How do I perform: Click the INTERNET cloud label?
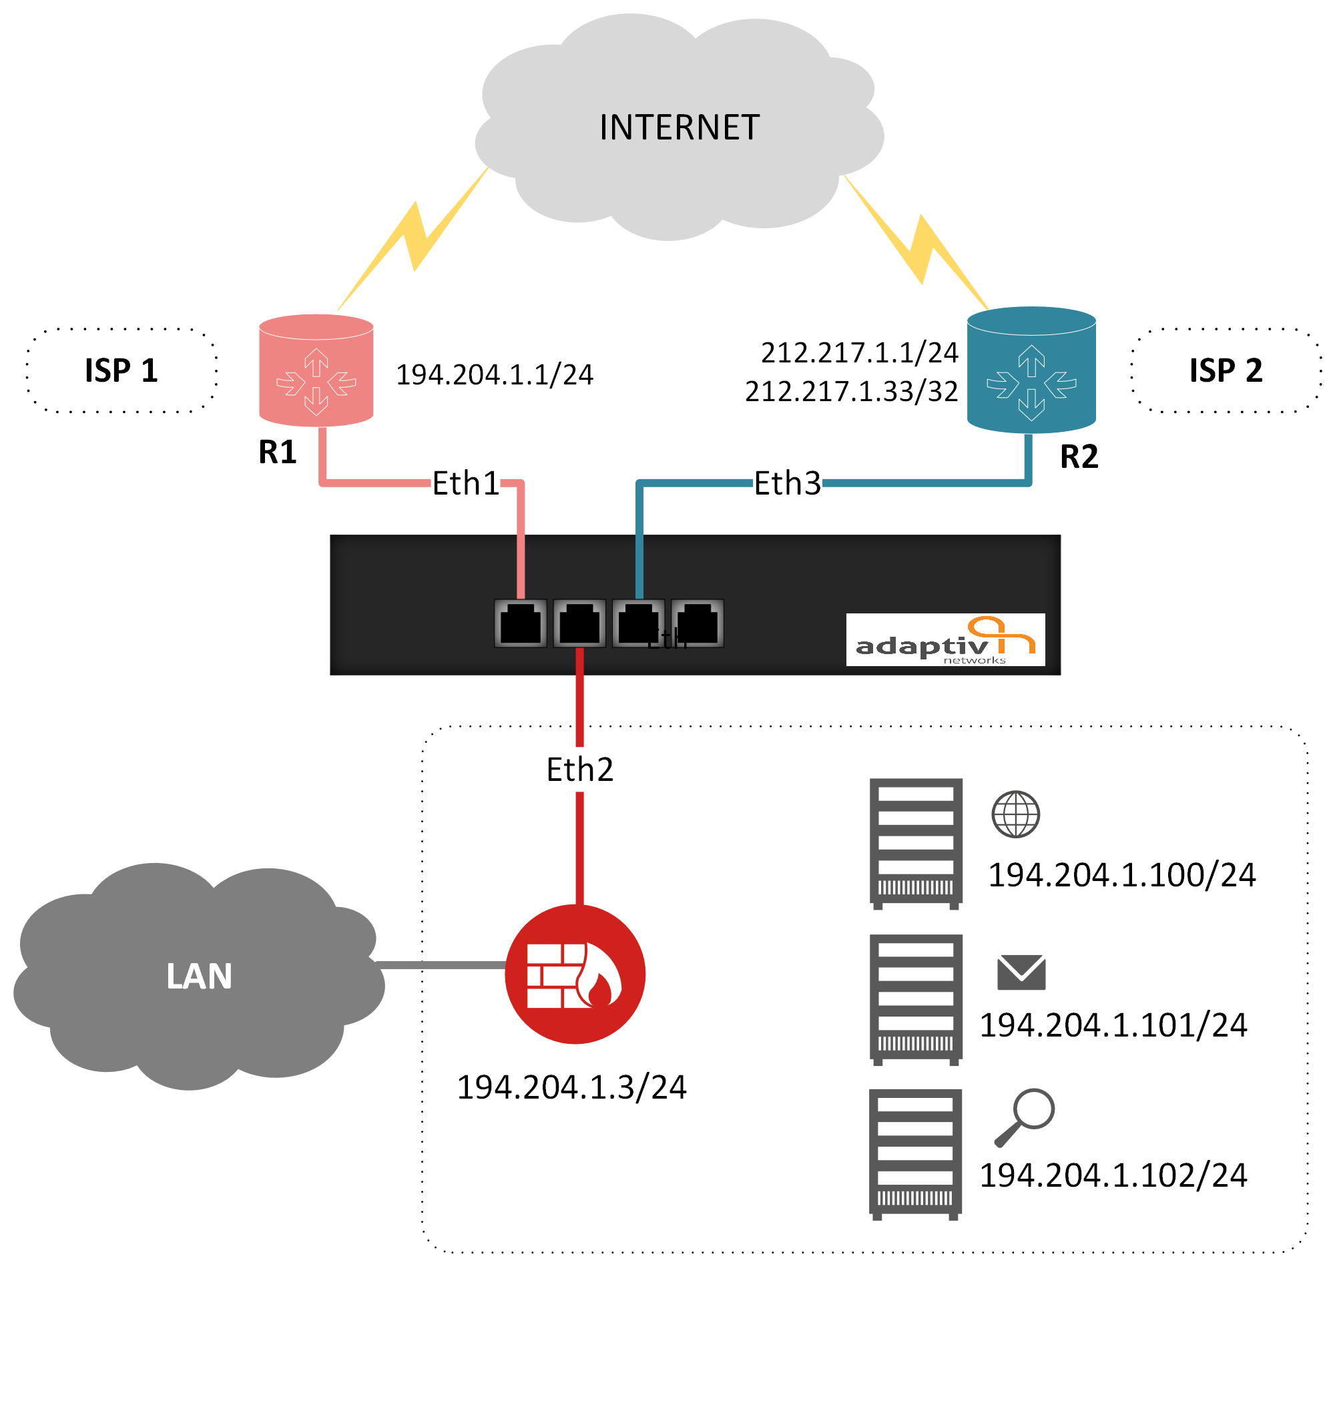679,127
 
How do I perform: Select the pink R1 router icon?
316,371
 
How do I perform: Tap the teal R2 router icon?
1031,371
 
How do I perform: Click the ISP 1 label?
121,370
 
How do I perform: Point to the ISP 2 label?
1226,370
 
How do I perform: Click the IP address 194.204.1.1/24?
494,374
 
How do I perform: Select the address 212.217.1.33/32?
851,391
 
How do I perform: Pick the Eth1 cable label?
465,483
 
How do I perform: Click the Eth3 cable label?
787,483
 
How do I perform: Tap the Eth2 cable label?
579,770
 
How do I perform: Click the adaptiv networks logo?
945,639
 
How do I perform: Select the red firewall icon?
575,974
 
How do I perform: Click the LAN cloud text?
199,976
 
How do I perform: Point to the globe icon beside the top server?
1016,814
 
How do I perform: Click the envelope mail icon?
1021,972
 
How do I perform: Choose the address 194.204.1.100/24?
1121,875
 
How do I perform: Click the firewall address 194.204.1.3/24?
571,1087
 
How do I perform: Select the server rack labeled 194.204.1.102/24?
915,1153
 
